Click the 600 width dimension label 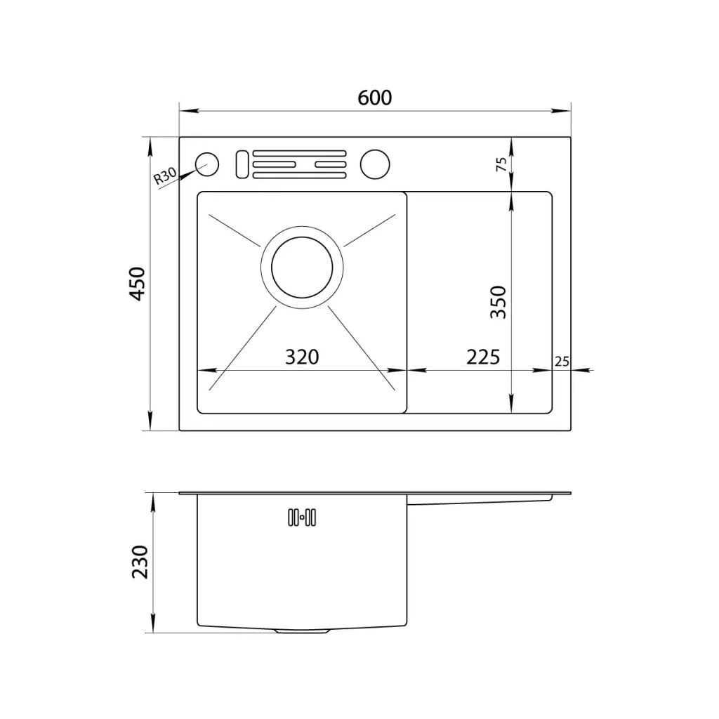click(375, 98)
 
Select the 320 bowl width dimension click(302, 357)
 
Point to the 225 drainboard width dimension click(483, 357)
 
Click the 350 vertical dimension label click(498, 302)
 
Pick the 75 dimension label click(501, 164)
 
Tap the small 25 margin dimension click(562, 362)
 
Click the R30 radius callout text click(164, 176)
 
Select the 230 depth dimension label click(140, 562)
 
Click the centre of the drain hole click(302, 268)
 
